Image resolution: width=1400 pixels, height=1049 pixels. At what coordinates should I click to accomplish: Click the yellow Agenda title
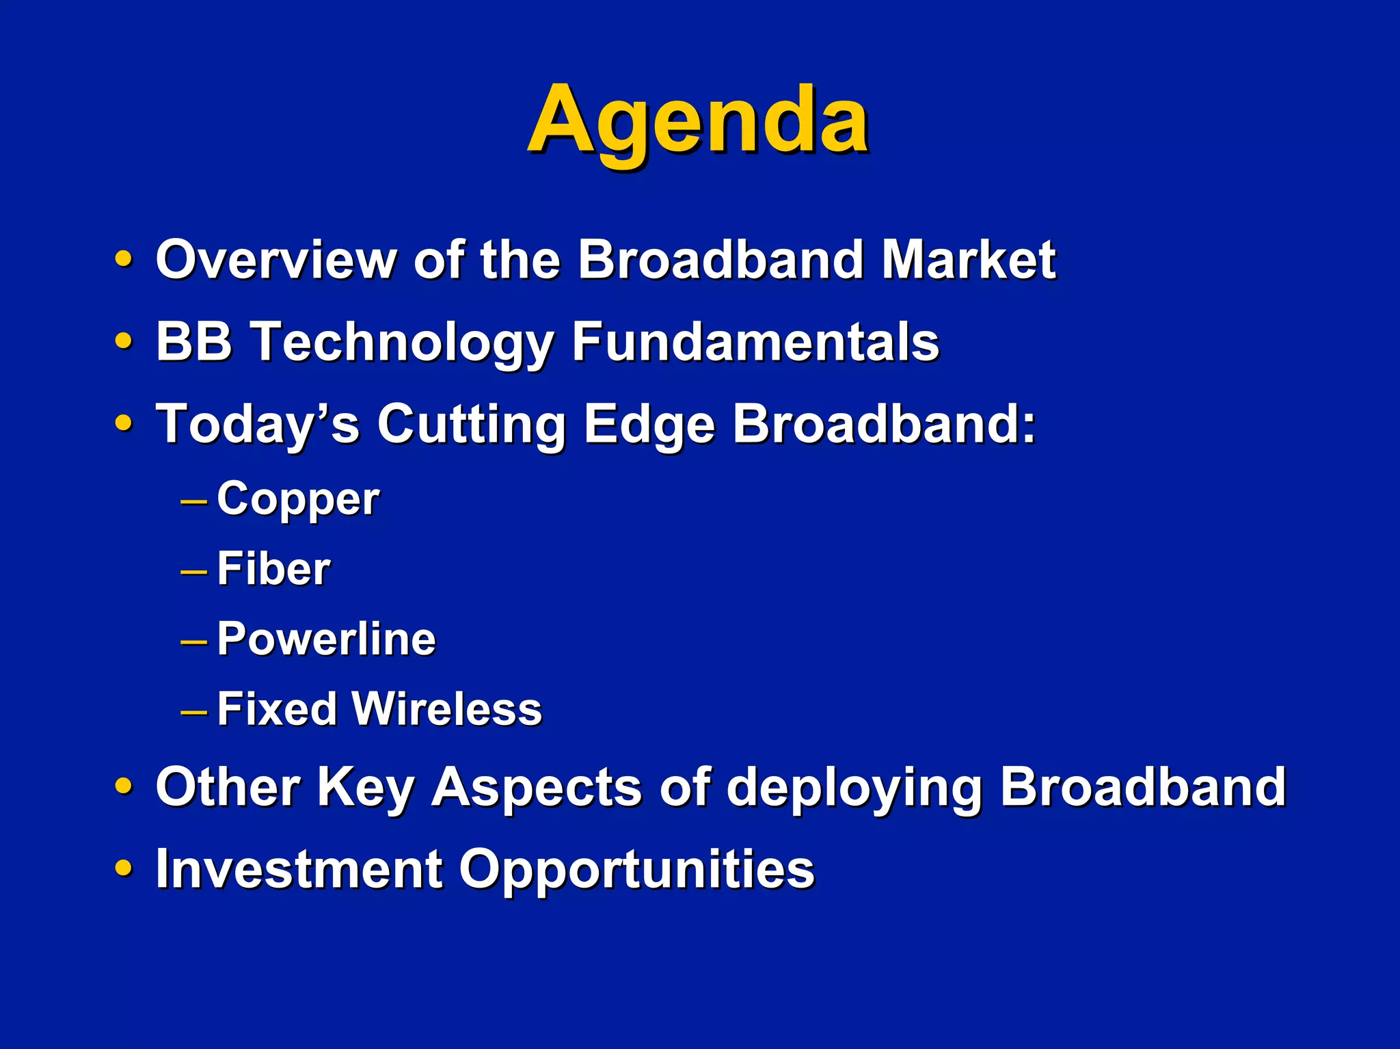697,122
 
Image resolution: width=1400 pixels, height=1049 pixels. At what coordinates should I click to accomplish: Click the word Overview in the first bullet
276,260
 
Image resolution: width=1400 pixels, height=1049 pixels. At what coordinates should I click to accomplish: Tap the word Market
968,260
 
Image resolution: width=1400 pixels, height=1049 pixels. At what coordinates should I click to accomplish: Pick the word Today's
257,424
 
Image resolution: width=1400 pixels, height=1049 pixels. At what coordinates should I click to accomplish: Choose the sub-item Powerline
326,639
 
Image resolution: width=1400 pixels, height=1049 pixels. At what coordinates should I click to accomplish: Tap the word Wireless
448,709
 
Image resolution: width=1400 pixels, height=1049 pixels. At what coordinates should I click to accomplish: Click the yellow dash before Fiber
193,571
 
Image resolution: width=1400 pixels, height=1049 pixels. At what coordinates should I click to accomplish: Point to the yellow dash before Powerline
193,641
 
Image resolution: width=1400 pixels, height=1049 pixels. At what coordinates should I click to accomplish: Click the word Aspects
536,788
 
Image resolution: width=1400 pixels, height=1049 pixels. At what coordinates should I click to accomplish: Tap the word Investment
299,868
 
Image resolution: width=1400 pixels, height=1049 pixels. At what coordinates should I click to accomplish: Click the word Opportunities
636,870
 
